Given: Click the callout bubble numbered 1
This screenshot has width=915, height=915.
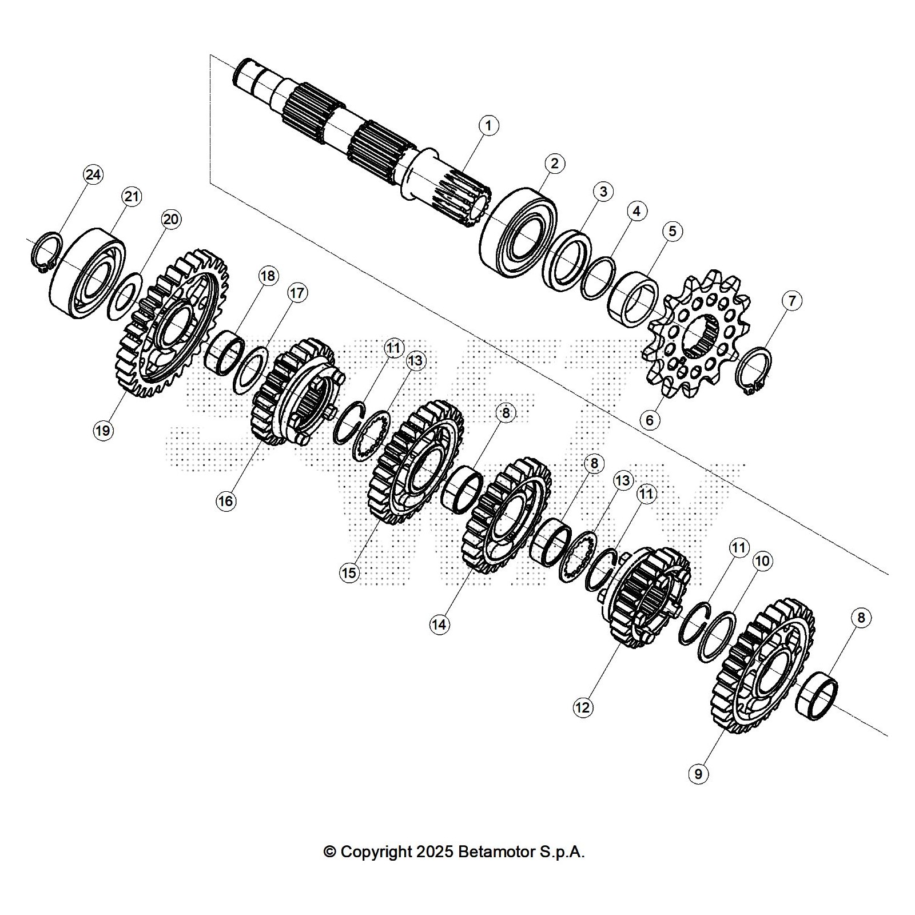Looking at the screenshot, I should tap(488, 125).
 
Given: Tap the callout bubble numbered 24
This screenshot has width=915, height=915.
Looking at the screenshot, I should tap(93, 174).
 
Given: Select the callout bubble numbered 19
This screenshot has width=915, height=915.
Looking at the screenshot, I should tap(103, 430).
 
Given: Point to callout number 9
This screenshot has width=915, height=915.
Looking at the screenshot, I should tap(698, 774).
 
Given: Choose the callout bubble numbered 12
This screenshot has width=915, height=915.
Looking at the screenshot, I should tap(582, 707).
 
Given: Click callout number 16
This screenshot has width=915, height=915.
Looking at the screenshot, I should tap(226, 501).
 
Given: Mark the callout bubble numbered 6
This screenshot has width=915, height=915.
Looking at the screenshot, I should tap(650, 420).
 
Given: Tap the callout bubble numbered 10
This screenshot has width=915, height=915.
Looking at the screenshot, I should tap(762, 561).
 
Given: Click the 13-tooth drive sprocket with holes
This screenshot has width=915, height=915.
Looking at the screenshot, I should tap(699, 335).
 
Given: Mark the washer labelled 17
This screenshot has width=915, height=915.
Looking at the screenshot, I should tap(250, 371).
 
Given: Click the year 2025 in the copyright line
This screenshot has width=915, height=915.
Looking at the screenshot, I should tap(435, 852).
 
